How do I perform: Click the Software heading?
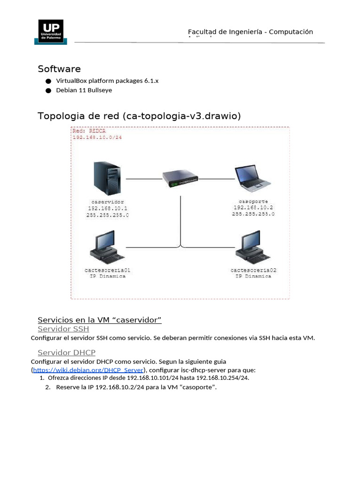point(59,69)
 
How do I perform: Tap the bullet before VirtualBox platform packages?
point(48,81)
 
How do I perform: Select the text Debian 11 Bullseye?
point(84,90)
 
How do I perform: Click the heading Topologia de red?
point(139,116)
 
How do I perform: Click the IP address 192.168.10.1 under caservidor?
point(108,208)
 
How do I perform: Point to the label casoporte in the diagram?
point(253,201)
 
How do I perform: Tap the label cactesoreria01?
point(108,270)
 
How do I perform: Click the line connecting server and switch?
point(144,179)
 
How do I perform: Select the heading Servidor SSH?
point(63,329)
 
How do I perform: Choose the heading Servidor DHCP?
point(66,353)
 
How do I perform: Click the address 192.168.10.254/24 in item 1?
point(223,378)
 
